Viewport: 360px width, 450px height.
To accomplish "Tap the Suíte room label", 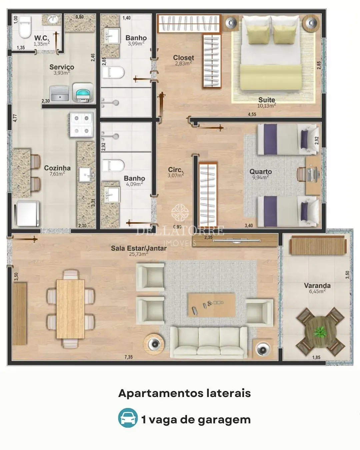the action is (x=266, y=100).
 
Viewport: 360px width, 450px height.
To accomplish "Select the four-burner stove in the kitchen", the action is (x=81, y=125).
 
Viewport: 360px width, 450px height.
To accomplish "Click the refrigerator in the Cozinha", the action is (x=28, y=213).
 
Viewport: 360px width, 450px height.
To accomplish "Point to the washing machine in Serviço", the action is (x=83, y=93).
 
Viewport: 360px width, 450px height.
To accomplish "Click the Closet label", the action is (x=183, y=58).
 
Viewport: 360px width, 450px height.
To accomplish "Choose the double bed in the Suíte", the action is (x=271, y=54).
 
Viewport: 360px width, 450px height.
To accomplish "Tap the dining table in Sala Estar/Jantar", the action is (x=70, y=309).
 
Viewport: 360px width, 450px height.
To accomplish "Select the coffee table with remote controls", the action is (x=212, y=305).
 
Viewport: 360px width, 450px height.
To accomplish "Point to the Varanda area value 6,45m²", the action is (x=317, y=291).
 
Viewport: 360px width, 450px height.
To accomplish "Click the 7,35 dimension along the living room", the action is (x=129, y=357).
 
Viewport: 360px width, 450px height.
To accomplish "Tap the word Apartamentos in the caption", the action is (x=161, y=393).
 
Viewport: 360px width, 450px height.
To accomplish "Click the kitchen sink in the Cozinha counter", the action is (x=85, y=175).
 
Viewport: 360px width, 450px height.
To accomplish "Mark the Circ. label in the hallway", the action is (x=175, y=169).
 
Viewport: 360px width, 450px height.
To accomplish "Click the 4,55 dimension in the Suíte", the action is (x=252, y=114).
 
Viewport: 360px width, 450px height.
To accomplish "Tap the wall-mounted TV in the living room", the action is (x=237, y=241).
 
